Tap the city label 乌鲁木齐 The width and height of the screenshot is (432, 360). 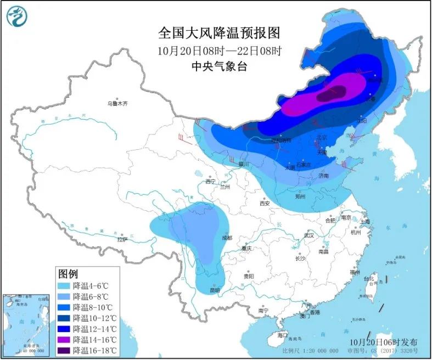(x=117, y=103)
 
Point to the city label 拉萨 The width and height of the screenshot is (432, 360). (x=122, y=239)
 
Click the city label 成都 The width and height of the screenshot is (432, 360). (x=227, y=238)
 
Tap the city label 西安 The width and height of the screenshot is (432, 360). (x=265, y=203)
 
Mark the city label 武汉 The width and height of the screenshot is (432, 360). (x=309, y=235)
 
